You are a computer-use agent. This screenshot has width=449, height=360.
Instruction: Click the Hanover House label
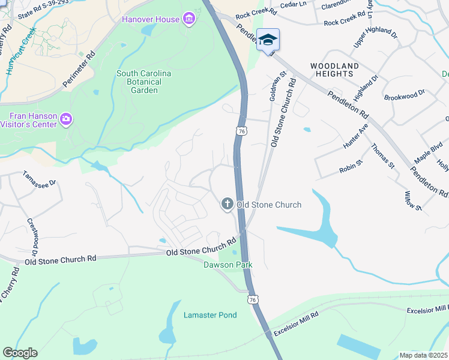coord(151,19)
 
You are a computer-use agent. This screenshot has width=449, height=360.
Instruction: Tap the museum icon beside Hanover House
coord(189,19)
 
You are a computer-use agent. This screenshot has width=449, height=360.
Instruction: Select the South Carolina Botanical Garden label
coord(144,82)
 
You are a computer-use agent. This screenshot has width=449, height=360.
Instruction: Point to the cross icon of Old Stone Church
coord(228,205)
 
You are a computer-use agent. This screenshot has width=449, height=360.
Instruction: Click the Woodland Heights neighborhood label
coord(334,70)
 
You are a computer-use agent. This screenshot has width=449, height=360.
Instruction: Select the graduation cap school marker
coord(268,40)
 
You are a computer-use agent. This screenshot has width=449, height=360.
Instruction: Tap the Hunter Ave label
coord(354,138)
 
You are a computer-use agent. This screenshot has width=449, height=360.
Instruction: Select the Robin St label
coord(351,166)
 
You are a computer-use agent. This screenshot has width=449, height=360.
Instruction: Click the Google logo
coord(20,353)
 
